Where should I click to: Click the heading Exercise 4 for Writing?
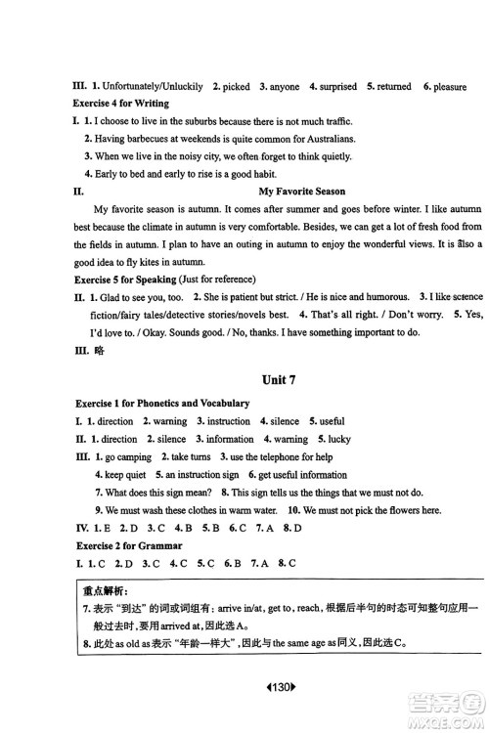pos(121,103)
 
